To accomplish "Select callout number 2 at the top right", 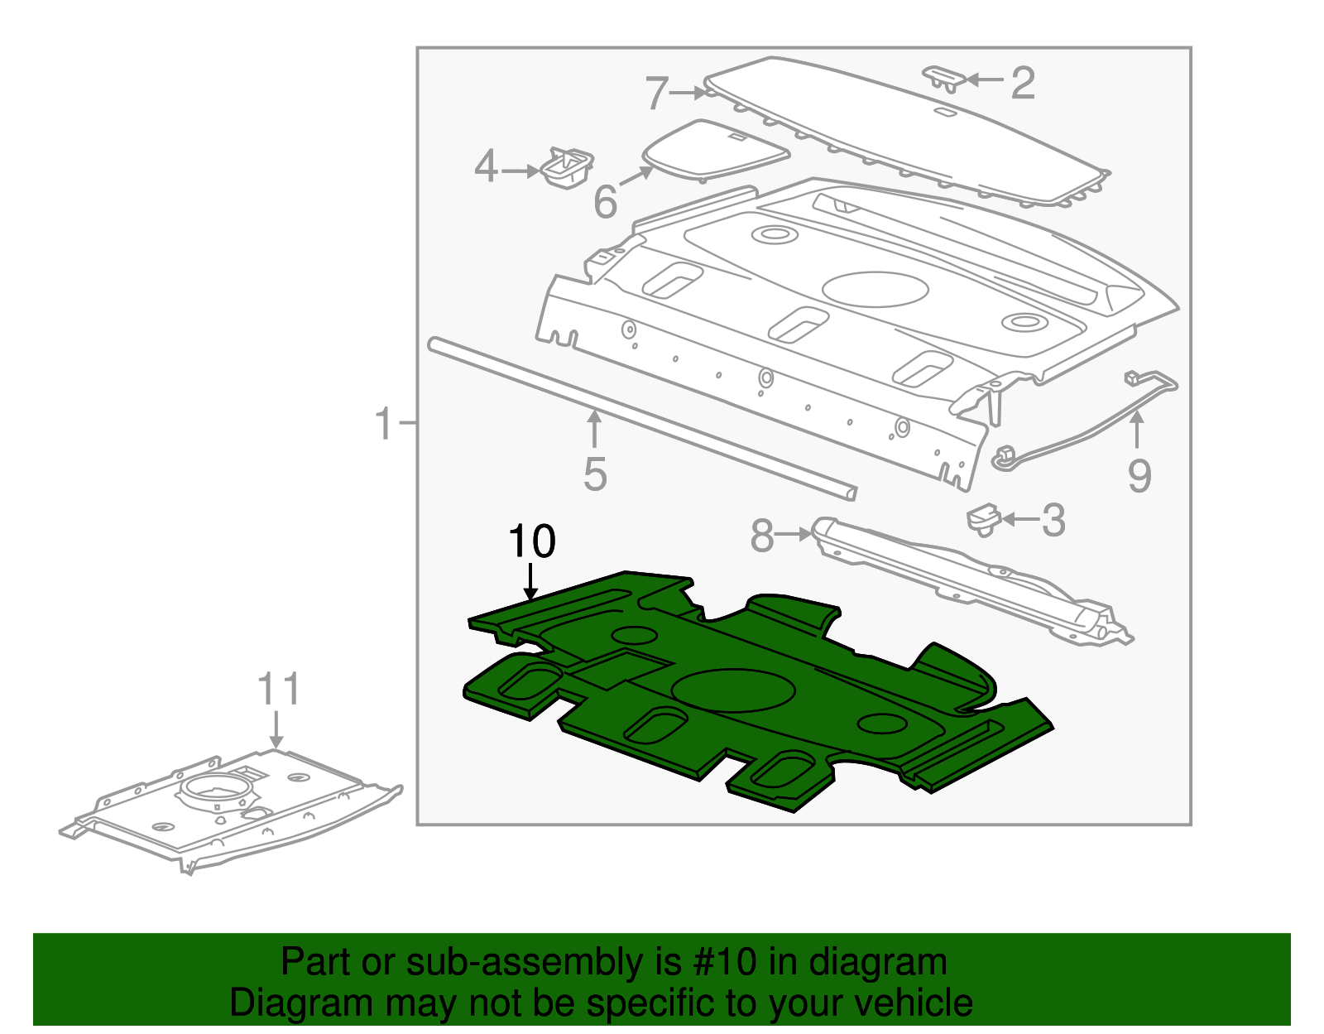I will point(1023,83).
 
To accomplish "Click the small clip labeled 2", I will point(943,77).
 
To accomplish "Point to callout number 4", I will point(486,167).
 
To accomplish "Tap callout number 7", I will point(656,93).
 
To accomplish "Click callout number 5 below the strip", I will point(595,474).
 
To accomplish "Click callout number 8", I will point(761,536).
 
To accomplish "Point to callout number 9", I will point(1139,476).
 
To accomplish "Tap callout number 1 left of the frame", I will point(383,423).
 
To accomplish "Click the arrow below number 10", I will point(530,581).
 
